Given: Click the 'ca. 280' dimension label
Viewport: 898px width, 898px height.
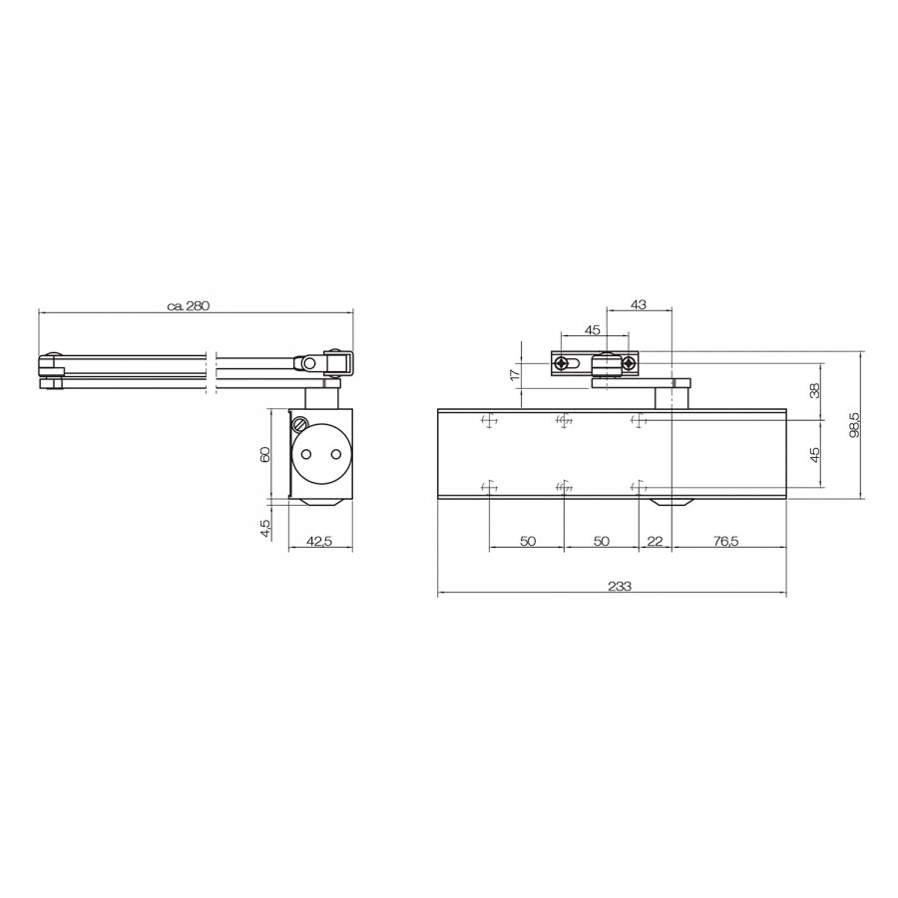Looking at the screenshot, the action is pos(189,305).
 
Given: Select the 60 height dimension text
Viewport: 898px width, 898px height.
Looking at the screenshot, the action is pos(264,454).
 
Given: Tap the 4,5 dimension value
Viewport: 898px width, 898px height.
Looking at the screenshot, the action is pos(264,528).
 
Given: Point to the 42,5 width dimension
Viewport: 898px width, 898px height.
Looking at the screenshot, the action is pos(319,541).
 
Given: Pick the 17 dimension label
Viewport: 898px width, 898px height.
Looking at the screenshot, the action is pos(514,374).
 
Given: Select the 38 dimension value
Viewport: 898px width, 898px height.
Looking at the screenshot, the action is pos(815,390).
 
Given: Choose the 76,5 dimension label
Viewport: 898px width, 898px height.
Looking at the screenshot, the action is pos(726,541).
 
